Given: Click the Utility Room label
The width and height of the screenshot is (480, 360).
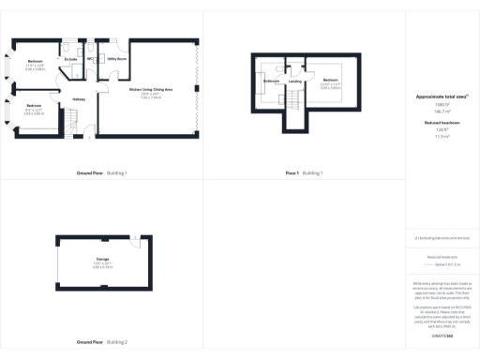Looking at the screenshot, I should point(116,58).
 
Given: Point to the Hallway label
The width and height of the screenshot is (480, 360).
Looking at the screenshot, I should point(80,98).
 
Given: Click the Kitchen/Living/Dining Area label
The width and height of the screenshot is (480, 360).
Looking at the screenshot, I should point(151,89).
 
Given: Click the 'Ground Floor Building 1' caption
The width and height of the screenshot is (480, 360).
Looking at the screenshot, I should point(101,173).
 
